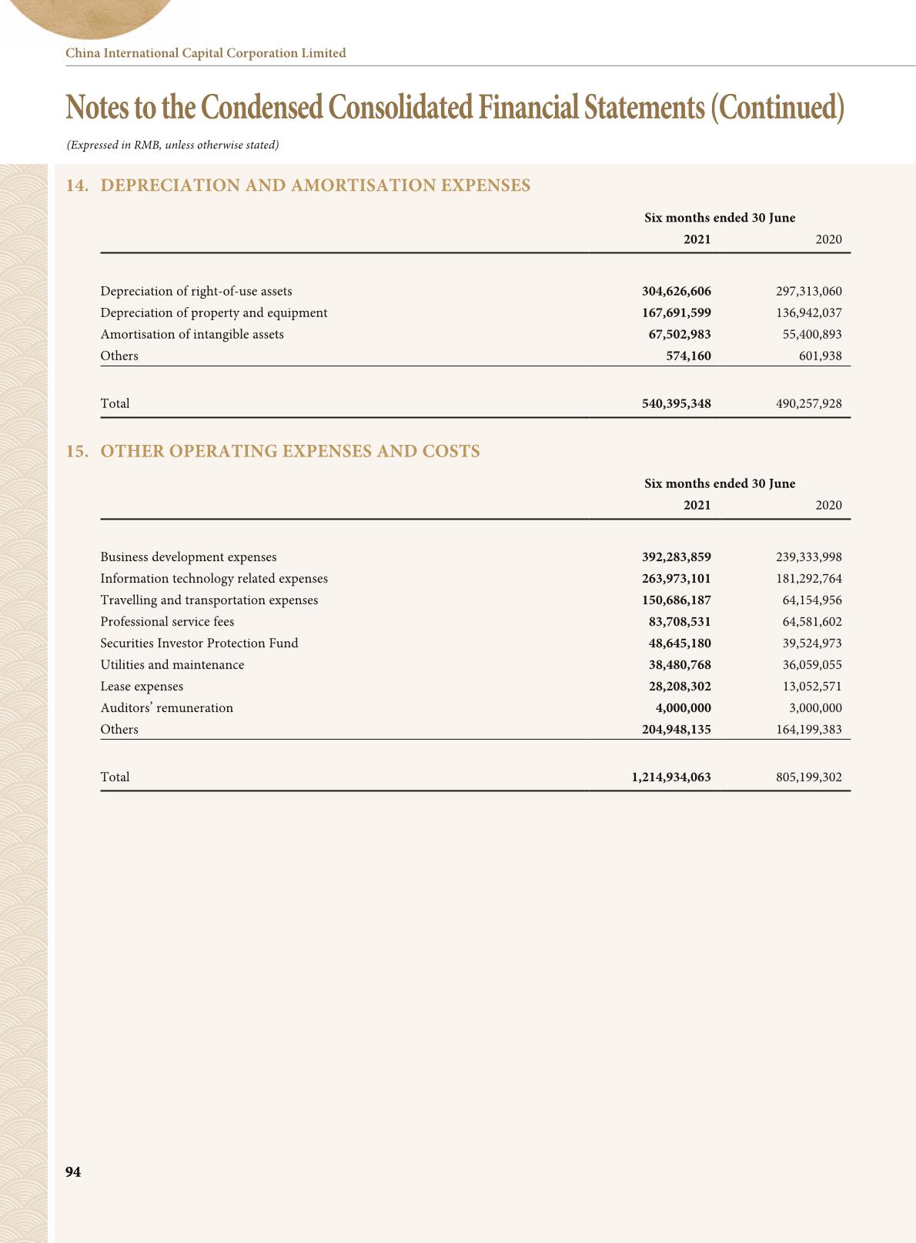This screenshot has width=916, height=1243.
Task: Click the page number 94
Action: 73,1171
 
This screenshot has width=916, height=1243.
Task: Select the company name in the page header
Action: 206,53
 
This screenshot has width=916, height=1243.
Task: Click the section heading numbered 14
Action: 299,185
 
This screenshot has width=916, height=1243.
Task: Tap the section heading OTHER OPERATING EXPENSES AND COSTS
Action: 290,451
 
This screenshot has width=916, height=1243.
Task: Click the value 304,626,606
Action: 676,291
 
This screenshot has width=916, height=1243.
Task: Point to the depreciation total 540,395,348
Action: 676,403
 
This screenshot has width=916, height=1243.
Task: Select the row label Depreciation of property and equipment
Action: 214,312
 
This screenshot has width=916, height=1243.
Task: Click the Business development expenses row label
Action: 189,556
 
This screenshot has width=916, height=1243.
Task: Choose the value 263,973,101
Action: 676,578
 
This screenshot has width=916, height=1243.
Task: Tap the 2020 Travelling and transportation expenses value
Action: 812,600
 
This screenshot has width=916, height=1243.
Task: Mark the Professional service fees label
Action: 167,621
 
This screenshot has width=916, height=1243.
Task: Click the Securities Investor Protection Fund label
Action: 199,643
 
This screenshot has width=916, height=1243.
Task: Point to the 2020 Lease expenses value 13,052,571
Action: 812,686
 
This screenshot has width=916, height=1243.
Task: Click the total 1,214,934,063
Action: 670,777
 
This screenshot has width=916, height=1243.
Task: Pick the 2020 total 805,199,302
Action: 808,777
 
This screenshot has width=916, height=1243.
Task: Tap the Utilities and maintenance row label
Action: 172,664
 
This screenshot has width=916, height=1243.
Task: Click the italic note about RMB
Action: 172,145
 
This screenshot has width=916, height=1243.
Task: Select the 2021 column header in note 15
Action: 697,505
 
